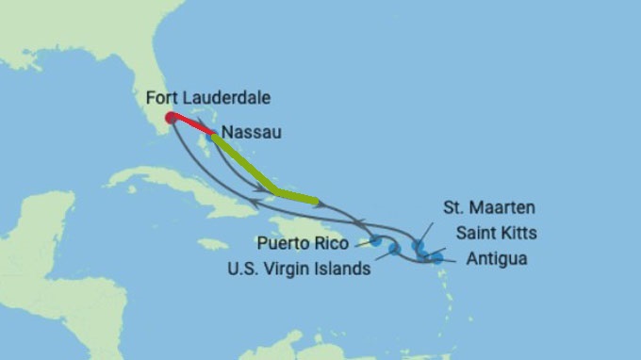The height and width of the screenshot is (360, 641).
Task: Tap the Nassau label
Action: (x=249, y=135)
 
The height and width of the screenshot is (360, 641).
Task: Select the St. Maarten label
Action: (x=487, y=206)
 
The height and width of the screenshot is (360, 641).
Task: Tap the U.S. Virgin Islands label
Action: (x=299, y=268)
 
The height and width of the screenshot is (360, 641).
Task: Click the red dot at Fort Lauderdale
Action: (x=170, y=118)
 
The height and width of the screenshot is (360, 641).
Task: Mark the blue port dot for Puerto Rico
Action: (x=376, y=241)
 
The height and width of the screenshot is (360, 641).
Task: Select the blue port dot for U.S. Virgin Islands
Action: (x=394, y=250)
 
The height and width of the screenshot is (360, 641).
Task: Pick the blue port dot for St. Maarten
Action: (x=418, y=245)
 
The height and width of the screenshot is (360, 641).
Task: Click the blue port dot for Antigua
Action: (x=436, y=256)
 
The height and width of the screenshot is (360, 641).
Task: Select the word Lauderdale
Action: (x=226, y=96)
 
